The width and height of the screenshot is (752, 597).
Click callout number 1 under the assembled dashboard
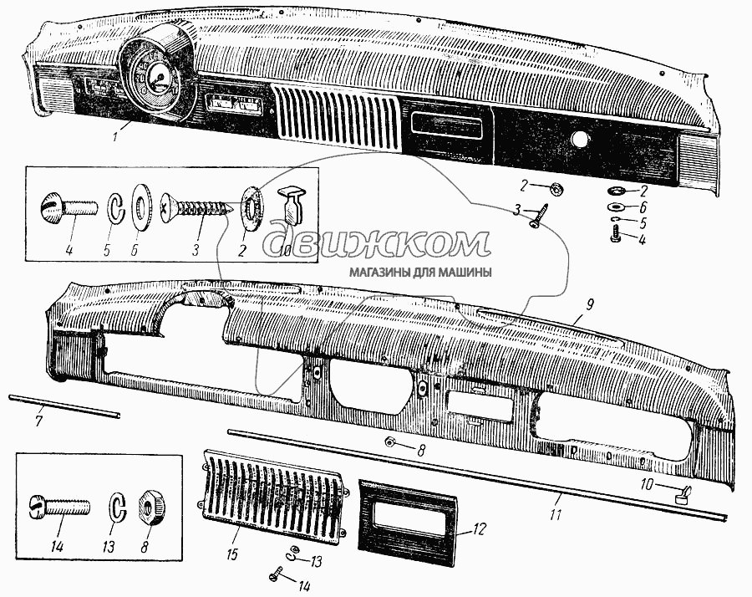115,137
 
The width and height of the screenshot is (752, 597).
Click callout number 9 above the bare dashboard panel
589,304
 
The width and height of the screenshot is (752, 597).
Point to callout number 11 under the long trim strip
556,515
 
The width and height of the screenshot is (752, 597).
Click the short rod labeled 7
64,406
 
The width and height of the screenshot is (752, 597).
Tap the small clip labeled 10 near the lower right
683,495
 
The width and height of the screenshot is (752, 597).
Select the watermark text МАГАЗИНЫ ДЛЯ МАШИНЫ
420,273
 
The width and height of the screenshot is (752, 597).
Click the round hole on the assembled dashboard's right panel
579,139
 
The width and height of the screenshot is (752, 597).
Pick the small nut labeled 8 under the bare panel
390,441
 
